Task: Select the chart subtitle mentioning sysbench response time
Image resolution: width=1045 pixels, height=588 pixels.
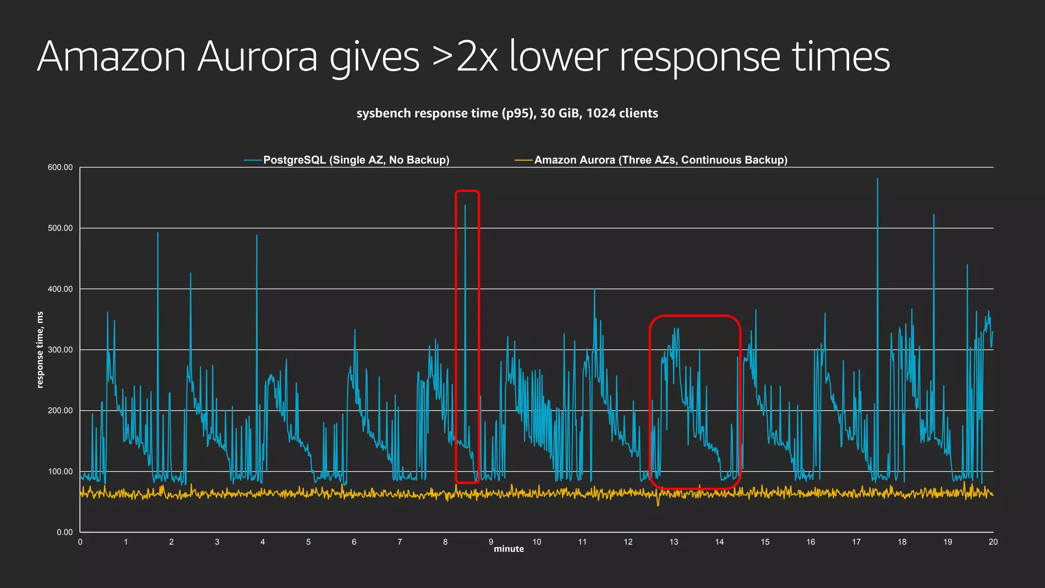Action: (x=507, y=113)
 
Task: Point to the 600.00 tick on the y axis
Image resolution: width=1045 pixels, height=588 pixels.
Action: (x=60, y=167)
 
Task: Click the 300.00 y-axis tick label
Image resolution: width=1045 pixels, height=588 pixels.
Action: (x=60, y=350)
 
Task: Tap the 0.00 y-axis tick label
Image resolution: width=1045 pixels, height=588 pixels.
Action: (x=64, y=532)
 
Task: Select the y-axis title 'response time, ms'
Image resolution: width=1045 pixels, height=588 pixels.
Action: (x=40, y=350)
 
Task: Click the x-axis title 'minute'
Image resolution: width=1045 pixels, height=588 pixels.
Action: (x=509, y=549)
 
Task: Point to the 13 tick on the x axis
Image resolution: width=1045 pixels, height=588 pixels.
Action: (x=674, y=542)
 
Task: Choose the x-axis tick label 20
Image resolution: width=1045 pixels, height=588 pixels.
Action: (x=993, y=542)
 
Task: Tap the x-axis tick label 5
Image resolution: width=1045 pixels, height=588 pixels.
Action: (x=308, y=542)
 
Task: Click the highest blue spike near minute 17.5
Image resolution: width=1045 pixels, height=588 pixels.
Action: (x=878, y=179)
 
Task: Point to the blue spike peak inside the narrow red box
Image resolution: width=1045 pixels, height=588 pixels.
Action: (x=465, y=206)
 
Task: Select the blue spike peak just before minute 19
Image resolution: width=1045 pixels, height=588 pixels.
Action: (x=934, y=215)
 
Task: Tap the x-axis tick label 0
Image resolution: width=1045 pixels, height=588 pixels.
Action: (x=80, y=542)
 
